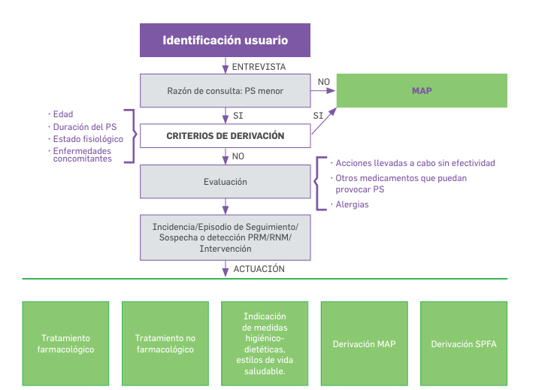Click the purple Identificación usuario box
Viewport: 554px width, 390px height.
(226, 40)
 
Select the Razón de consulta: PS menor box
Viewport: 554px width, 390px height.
(226, 91)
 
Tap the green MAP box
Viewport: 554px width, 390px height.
(422, 91)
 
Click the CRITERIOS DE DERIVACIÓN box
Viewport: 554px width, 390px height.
(226, 136)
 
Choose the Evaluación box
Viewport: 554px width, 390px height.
(226, 182)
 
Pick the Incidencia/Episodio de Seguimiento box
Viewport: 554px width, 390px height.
(226, 237)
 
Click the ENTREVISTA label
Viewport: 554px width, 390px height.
(259, 67)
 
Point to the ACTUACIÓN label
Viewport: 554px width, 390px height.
(258, 268)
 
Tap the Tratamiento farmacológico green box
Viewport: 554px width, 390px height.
(66, 343)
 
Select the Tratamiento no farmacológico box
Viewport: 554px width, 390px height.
(165, 343)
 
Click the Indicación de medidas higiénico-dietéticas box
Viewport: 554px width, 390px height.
(265, 343)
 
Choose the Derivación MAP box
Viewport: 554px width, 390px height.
(364, 343)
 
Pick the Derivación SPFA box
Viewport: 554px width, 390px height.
(463, 343)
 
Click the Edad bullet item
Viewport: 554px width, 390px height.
(62, 115)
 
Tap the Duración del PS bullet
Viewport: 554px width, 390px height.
(83, 127)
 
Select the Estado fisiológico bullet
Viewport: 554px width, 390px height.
(87, 139)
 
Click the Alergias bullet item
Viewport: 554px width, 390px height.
(352, 204)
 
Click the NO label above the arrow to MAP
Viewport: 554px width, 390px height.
(324, 81)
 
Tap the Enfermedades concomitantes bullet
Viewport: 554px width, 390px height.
(82, 155)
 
